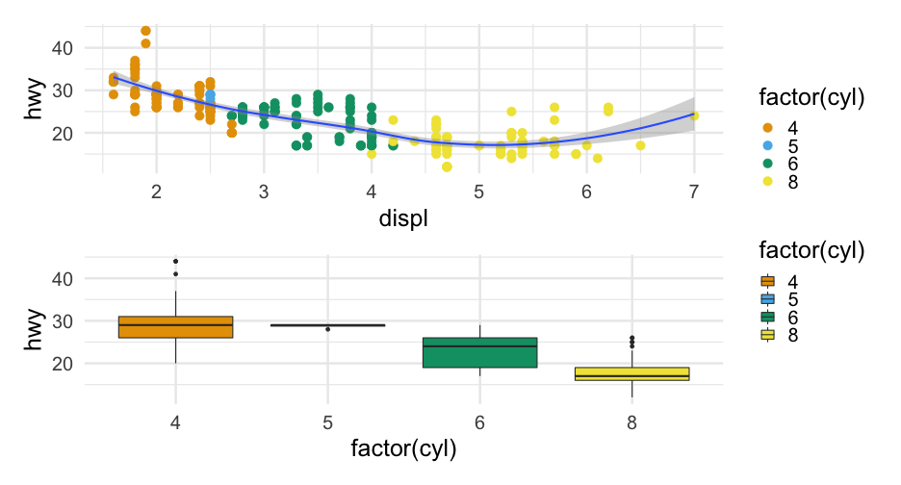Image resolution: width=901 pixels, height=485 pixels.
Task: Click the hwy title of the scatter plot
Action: point(35,101)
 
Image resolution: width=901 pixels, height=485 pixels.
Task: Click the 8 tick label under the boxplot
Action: point(632,421)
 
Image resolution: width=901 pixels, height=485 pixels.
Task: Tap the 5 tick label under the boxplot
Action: point(328,421)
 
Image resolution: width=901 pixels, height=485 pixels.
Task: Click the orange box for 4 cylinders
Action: point(175,327)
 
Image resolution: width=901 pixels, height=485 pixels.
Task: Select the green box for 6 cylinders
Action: point(479,352)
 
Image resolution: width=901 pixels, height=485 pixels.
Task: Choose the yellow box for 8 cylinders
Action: point(632,374)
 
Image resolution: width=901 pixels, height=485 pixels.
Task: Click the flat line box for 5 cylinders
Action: point(328,325)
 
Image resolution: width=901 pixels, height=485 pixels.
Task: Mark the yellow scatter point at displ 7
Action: point(694,116)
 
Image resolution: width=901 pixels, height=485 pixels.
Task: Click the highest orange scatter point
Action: point(145,31)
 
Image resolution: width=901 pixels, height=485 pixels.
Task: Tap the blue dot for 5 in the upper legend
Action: point(767,145)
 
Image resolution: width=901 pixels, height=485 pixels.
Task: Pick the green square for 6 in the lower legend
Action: point(767,318)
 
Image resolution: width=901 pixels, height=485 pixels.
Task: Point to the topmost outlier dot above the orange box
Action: point(176,261)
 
